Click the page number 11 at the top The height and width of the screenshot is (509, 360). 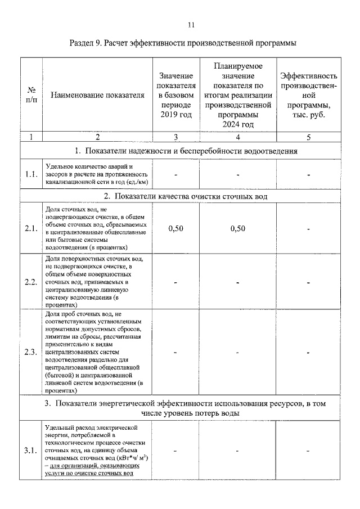click(x=191, y=25)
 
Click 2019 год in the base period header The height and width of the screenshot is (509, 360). click(x=175, y=115)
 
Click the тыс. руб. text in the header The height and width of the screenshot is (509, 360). click(x=309, y=115)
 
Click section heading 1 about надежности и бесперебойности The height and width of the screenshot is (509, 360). click(x=185, y=151)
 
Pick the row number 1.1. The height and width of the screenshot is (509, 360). click(x=31, y=174)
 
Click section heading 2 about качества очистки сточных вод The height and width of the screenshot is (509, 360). click(x=185, y=196)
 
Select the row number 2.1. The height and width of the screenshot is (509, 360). click(x=31, y=228)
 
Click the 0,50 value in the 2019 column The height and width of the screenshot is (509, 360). click(x=175, y=228)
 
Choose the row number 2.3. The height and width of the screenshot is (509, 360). click(x=31, y=353)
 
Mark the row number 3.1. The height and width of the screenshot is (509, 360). click(x=31, y=451)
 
